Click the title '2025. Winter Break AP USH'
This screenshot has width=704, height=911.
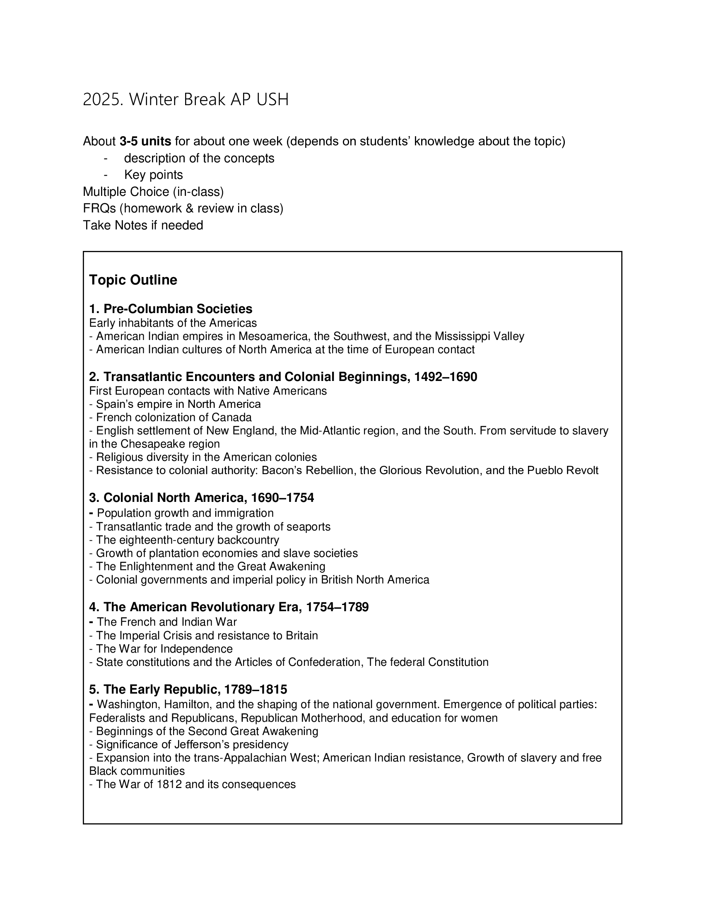[x=186, y=100]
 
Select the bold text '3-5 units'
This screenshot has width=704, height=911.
[x=145, y=141]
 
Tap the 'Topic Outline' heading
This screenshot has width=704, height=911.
[x=133, y=280]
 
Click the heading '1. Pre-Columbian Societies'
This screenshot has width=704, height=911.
[x=171, y=308]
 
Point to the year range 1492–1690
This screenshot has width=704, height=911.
[x=446, y=377]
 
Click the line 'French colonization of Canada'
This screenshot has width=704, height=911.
[x=174, y=417]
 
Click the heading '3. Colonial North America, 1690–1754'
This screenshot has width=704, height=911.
[x=201, y=498]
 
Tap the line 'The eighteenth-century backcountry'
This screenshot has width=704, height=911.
[x=187, y=540]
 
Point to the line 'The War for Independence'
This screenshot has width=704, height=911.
[x=164, y=648]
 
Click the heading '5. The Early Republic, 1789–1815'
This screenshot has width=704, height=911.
[x=188, y=689]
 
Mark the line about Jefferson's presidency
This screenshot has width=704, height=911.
[x=192, y=745]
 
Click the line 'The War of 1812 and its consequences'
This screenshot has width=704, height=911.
[x=195, y=784]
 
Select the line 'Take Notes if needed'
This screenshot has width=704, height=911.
[x=143, y=225]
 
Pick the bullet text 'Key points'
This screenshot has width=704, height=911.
[x=154, y=175]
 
